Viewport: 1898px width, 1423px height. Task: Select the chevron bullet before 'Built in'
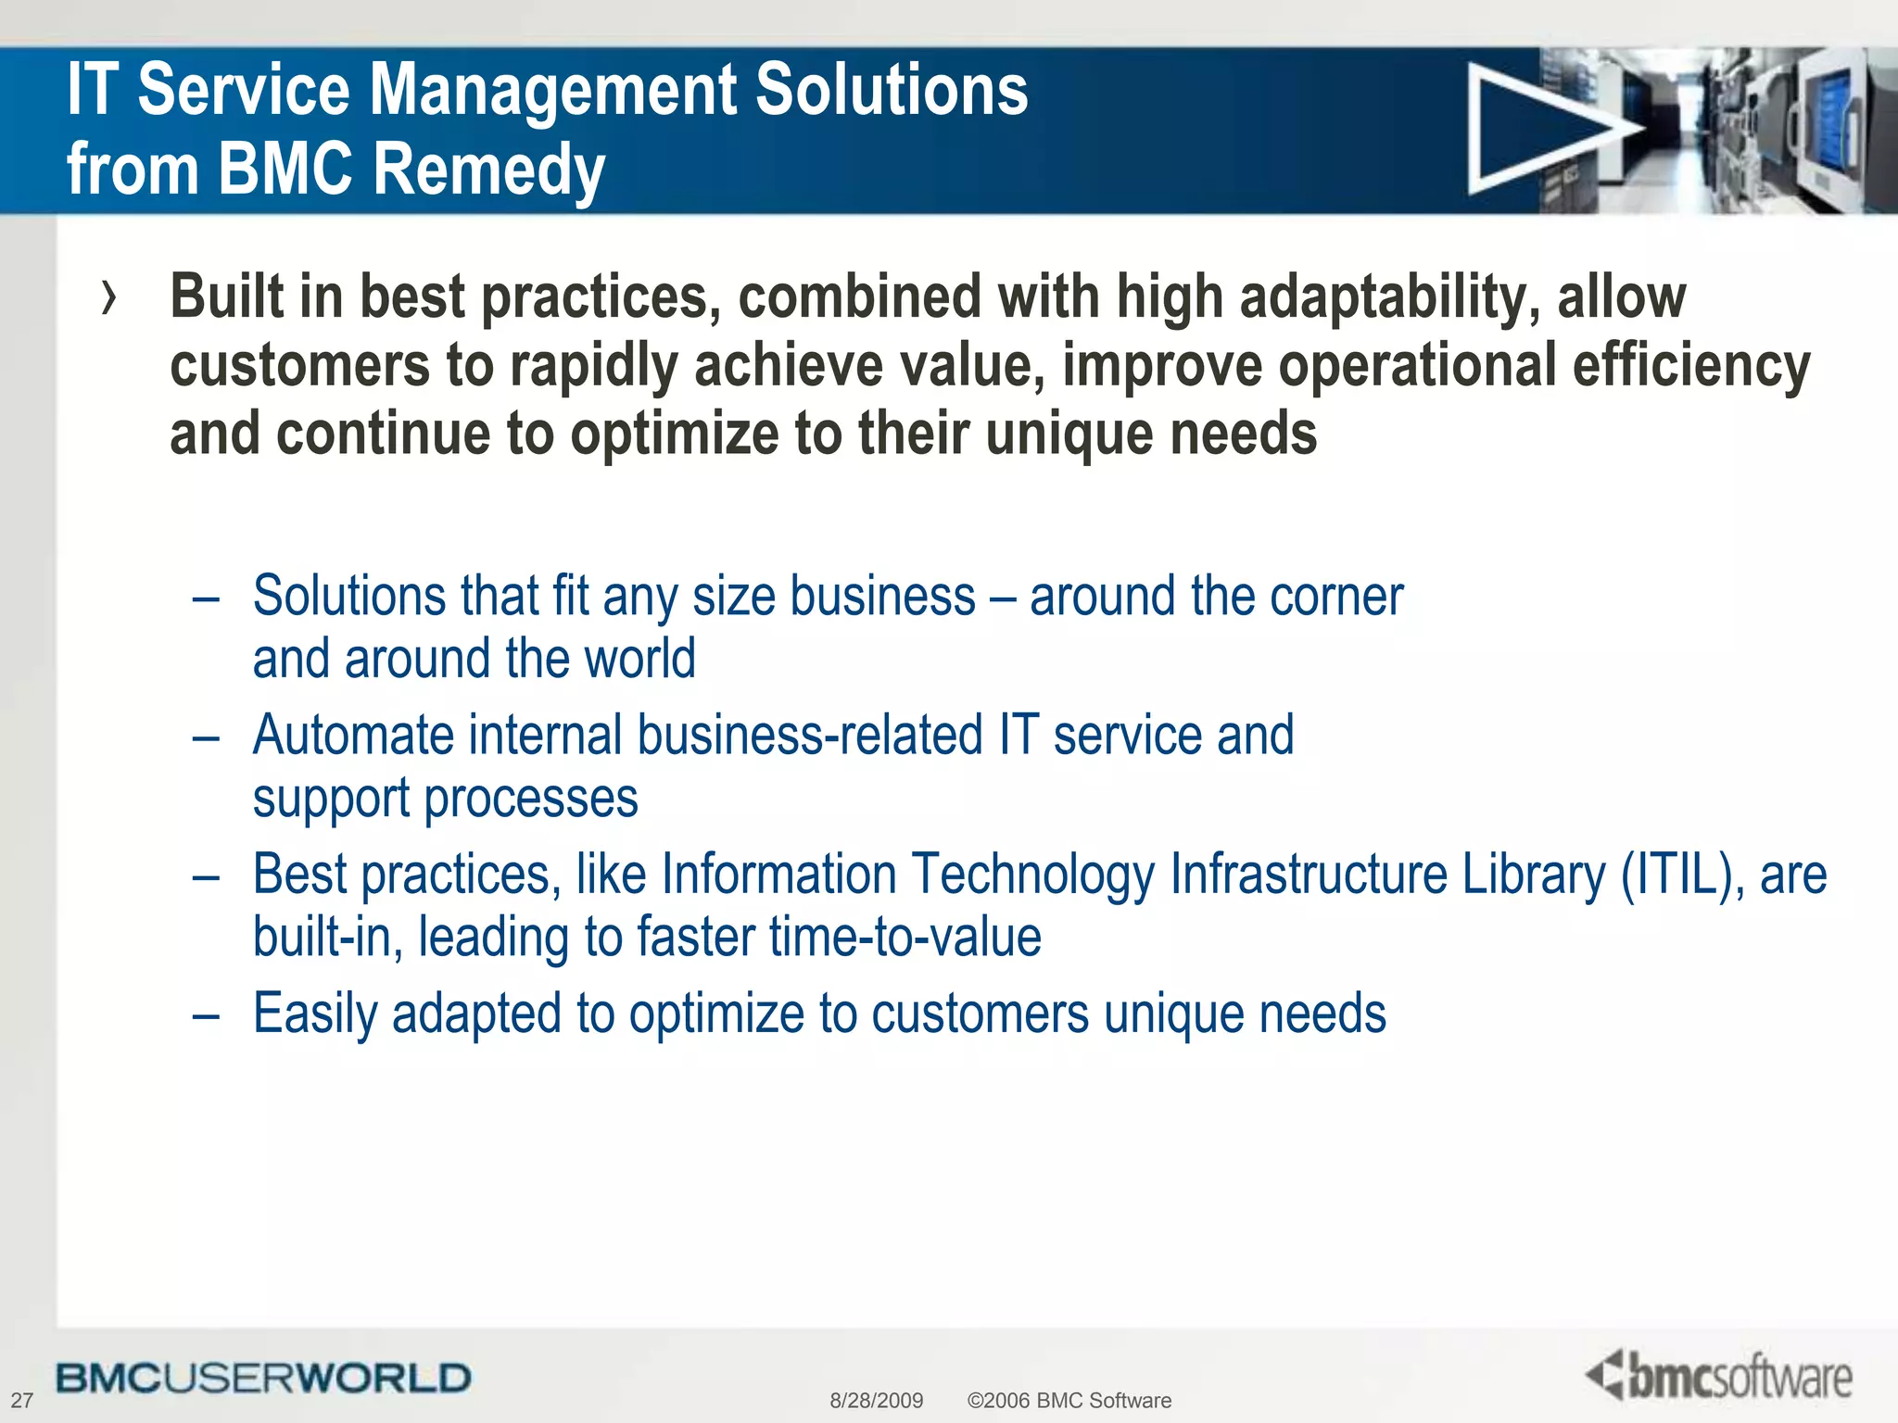pyautogui.click(x=110, y=298)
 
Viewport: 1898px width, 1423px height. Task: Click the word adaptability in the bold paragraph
pyautogui.click(x=1389, y=298)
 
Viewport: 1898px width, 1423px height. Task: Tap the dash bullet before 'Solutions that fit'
pyautogui.click(x=206, y=598)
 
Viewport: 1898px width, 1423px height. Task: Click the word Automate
pyautogui.click(x=353, y=736)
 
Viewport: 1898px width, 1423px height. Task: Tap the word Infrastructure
pyautogui.click(x=1308, y=875)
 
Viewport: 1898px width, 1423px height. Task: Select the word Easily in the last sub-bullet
pyautogui.click(x=315, y=1014)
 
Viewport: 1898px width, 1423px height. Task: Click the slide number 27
pyautogui.click(x=21, y=1400)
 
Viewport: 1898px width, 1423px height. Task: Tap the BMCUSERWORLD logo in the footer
pyautogui.click(x=263, y=1379)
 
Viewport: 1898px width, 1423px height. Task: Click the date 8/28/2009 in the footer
pyautogui.click(x=876, y=1400)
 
